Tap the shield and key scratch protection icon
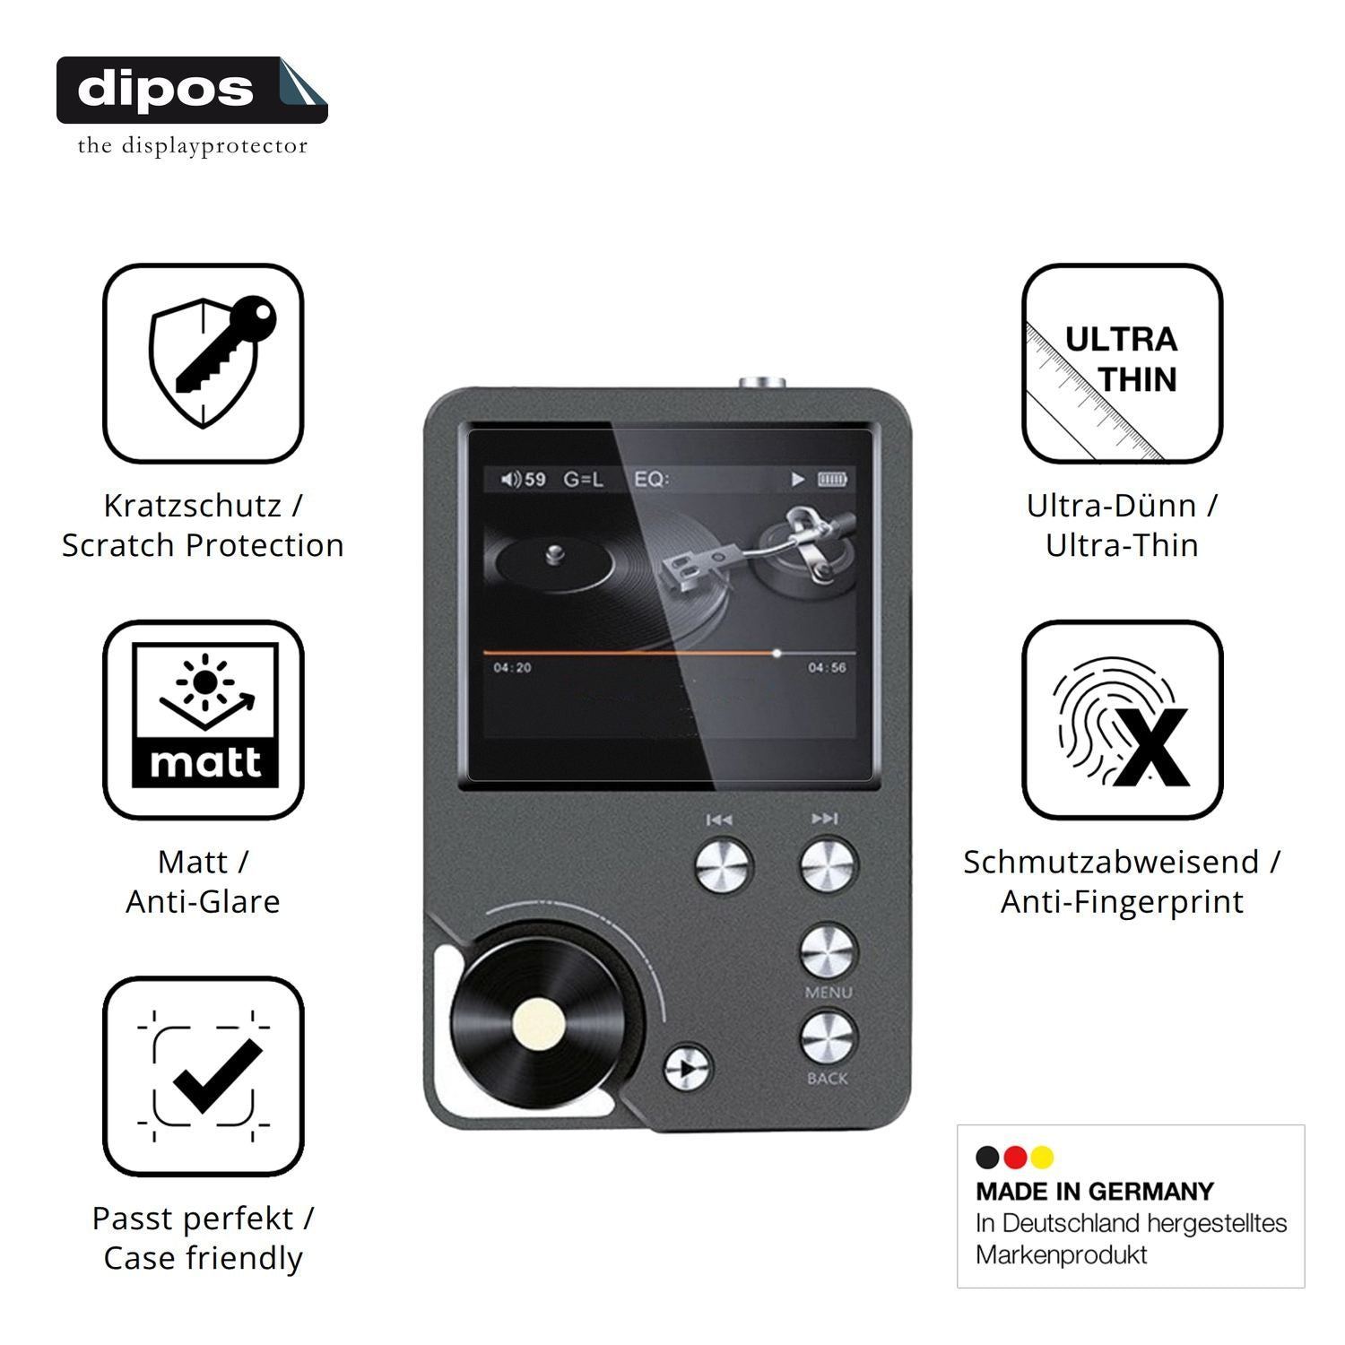204,363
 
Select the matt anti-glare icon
204,719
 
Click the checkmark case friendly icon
204,1076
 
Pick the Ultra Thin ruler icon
1123,363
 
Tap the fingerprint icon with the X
1123,719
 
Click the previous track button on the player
725,865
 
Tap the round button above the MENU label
829,952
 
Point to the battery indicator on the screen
832,480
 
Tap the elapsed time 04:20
512,668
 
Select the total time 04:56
827,668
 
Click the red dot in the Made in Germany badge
1015,1158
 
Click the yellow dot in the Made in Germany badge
1042,1158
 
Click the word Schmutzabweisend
1111,863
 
